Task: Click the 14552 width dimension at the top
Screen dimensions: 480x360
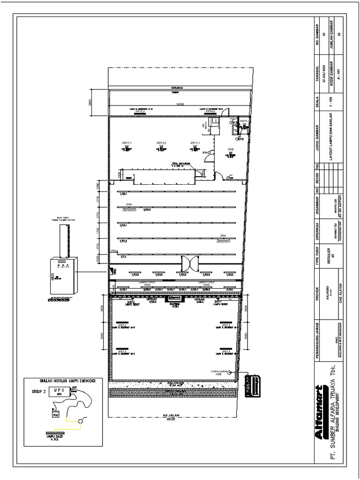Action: tap(178, 104)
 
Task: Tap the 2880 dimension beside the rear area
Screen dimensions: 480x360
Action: tap(90, 102)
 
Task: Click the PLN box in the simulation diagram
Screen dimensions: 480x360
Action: tap(55, 414)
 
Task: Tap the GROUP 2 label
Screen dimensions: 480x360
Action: tap(39, 390)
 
